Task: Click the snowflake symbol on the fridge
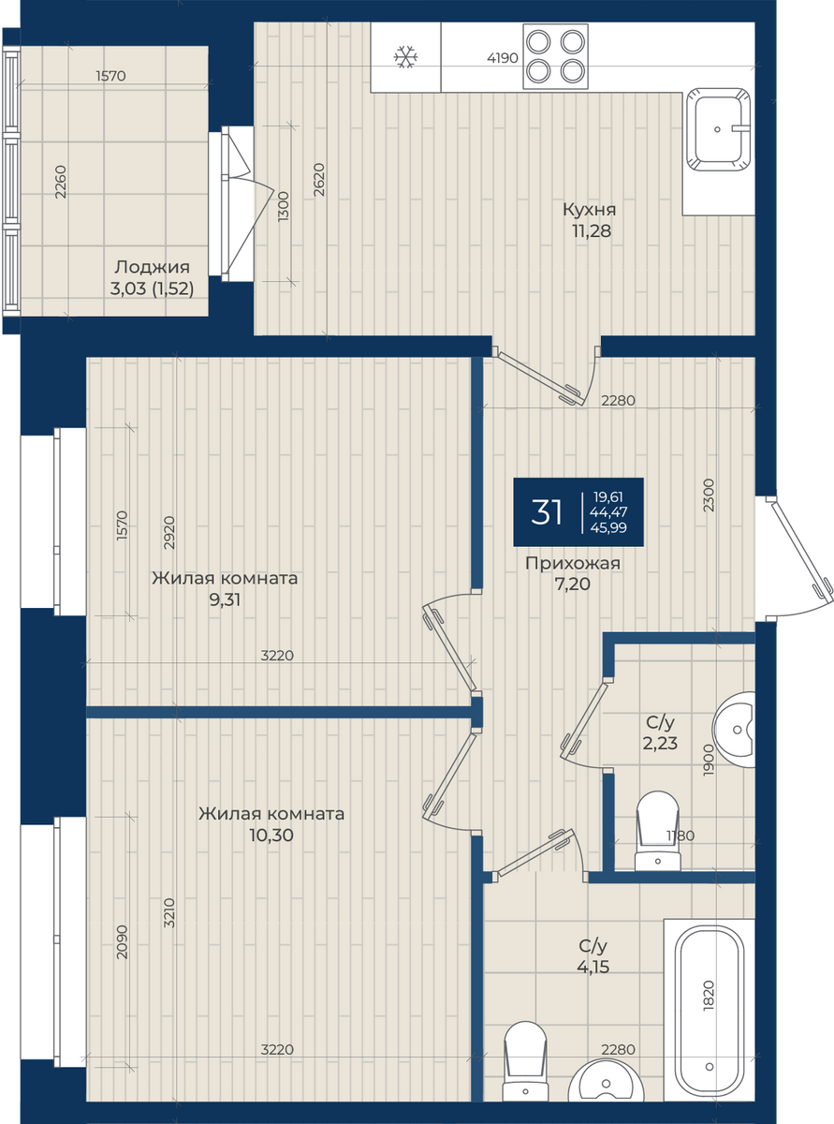point(405,57)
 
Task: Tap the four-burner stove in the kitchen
point(555,57)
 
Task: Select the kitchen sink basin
point(718,130)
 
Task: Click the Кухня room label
point(590,209)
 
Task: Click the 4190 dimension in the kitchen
point(503,58)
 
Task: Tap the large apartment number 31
point(547,511)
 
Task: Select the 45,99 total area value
point(608,527)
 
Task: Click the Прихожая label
point(573,563)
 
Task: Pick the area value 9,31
point(225,600)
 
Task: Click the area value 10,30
point(271,836)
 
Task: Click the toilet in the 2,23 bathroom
point(657,831)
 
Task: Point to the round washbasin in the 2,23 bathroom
point(734,730)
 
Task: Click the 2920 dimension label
point(169,533)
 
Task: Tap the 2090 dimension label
point(122,942)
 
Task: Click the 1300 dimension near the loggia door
point(283,206)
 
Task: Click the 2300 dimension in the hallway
point(709,495)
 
